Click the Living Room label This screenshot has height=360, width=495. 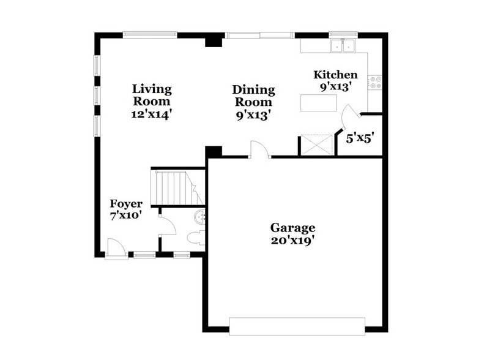tap(152, 96)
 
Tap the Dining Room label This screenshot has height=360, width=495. tap(253, 96)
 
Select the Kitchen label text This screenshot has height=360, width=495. tap(335, 75)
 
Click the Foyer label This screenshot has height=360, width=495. tap(126, 204)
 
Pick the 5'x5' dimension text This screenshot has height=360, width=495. tap(360, 138)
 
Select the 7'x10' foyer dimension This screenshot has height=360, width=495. tap(126, 216)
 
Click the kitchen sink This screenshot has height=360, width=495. tap(343, 46)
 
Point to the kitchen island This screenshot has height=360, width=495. tap(319, 103)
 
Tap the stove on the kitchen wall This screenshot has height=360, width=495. tap(375, 82)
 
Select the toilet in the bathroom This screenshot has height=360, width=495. tap(196, 238)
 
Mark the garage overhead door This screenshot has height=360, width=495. tap(297, 326)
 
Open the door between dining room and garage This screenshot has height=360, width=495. tap(259, 150)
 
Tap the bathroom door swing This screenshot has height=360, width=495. tap(166, 226)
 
